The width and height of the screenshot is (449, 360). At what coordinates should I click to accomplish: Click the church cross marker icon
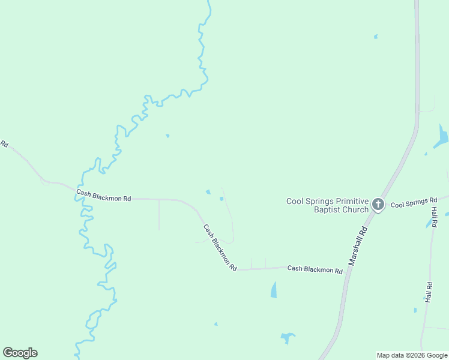coord(378,205)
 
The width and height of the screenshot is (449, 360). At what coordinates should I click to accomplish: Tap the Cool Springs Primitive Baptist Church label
coord(327,205)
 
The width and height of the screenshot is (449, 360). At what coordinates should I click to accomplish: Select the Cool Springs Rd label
coord(414,203)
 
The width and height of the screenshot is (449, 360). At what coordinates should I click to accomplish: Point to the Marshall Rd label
coord(358,245)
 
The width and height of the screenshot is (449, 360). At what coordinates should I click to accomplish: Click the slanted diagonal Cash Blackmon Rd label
coord(220,247)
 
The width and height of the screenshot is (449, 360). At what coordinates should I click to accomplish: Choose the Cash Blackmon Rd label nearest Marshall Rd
coord(315,269)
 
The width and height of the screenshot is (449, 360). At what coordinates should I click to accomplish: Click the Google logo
coord(20,352)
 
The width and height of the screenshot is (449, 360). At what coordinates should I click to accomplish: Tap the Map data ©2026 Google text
coord(412,355)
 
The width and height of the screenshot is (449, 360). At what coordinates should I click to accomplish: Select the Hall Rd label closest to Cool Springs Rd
coord(435,217)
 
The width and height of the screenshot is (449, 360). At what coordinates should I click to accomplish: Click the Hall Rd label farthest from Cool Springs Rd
coord(429,292)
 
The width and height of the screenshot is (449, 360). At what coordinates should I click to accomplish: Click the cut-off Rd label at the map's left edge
coord(4,144)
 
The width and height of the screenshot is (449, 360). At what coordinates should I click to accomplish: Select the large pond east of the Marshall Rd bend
coord(442,137)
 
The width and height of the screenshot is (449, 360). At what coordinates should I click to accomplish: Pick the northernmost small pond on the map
coord(376,37)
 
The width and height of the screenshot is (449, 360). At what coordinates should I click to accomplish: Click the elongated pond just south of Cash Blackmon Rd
coord(274,290)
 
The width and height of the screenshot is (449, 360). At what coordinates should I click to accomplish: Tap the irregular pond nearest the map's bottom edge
coord(288,338)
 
